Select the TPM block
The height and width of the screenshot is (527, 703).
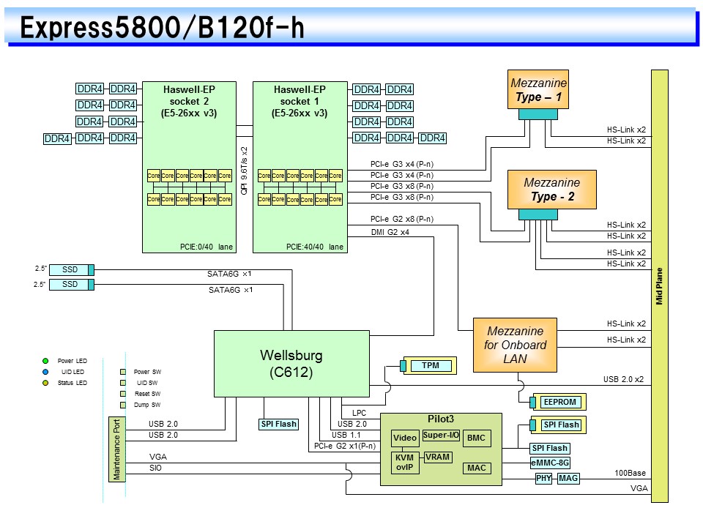431,365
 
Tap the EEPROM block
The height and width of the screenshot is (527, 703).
560,402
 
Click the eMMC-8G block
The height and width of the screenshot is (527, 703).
550,463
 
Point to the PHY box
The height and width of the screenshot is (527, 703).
543,478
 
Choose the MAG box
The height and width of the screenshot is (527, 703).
568,478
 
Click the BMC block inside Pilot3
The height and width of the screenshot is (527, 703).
476,438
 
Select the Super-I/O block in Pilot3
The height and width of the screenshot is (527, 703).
440,436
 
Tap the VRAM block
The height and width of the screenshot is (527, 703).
438,457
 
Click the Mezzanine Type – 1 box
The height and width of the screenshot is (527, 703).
538,89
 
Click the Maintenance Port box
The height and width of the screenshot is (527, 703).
116,449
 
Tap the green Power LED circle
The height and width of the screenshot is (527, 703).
45,361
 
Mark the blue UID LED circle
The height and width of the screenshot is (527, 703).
45,372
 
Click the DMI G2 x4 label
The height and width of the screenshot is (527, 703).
390,232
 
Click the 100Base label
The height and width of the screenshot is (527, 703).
631,474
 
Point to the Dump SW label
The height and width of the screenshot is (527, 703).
146,405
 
